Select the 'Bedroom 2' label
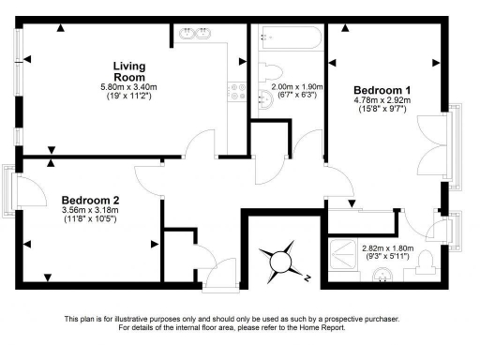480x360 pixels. click(90, 200)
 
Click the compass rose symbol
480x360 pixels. click(280, 261)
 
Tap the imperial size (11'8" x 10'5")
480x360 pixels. click(90, 220)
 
